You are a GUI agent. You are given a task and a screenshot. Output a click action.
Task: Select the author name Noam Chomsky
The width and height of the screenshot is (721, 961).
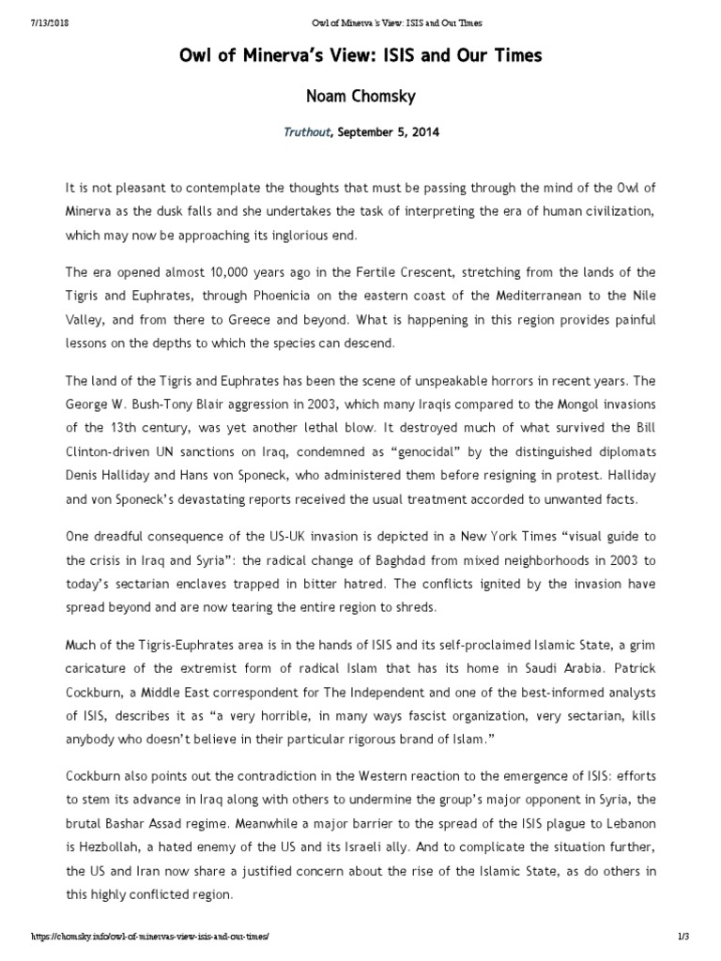click(x=360, y=97)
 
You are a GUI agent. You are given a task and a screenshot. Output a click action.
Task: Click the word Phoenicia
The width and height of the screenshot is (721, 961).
click(x=296, y=296)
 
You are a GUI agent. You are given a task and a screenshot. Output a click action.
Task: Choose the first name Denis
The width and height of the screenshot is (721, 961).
click(x=83, y=476)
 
